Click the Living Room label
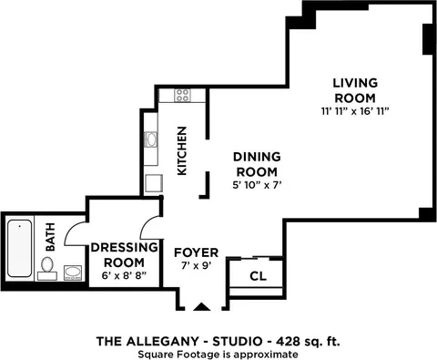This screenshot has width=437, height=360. [355, 90]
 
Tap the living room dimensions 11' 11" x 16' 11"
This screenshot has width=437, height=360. [355, 112]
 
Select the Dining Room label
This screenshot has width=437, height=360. [257, 164]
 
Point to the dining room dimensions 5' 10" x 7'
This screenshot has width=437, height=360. [258, 185]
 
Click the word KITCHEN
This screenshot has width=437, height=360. [182, 151]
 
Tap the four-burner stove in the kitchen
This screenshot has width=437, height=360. [182, 95]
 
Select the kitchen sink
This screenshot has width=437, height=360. [150, 139]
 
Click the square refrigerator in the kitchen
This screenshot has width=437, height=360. [154, 183]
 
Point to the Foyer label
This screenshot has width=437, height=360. [196, 252]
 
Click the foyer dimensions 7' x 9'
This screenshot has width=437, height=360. [197, 266]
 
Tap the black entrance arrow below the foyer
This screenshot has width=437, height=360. [202, 307]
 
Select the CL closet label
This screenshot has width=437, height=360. [258, 276]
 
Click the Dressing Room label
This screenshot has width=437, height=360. [125, 255]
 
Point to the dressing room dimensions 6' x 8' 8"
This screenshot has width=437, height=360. [124, 276]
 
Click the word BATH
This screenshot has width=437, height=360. [50, 237]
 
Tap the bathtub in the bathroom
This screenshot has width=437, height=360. [20, 248]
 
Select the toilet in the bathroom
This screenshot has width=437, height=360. [47, 269]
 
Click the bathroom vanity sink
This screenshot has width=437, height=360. [73, 273]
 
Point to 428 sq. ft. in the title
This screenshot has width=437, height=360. [308, 342]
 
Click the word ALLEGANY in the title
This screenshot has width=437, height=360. [162, 342]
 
